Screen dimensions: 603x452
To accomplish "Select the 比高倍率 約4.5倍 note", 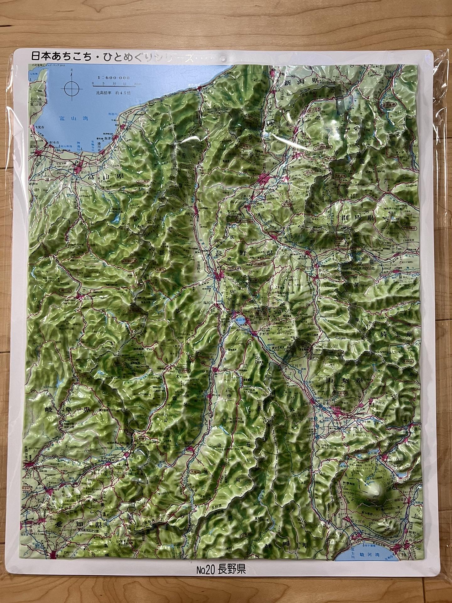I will (114, 93).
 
